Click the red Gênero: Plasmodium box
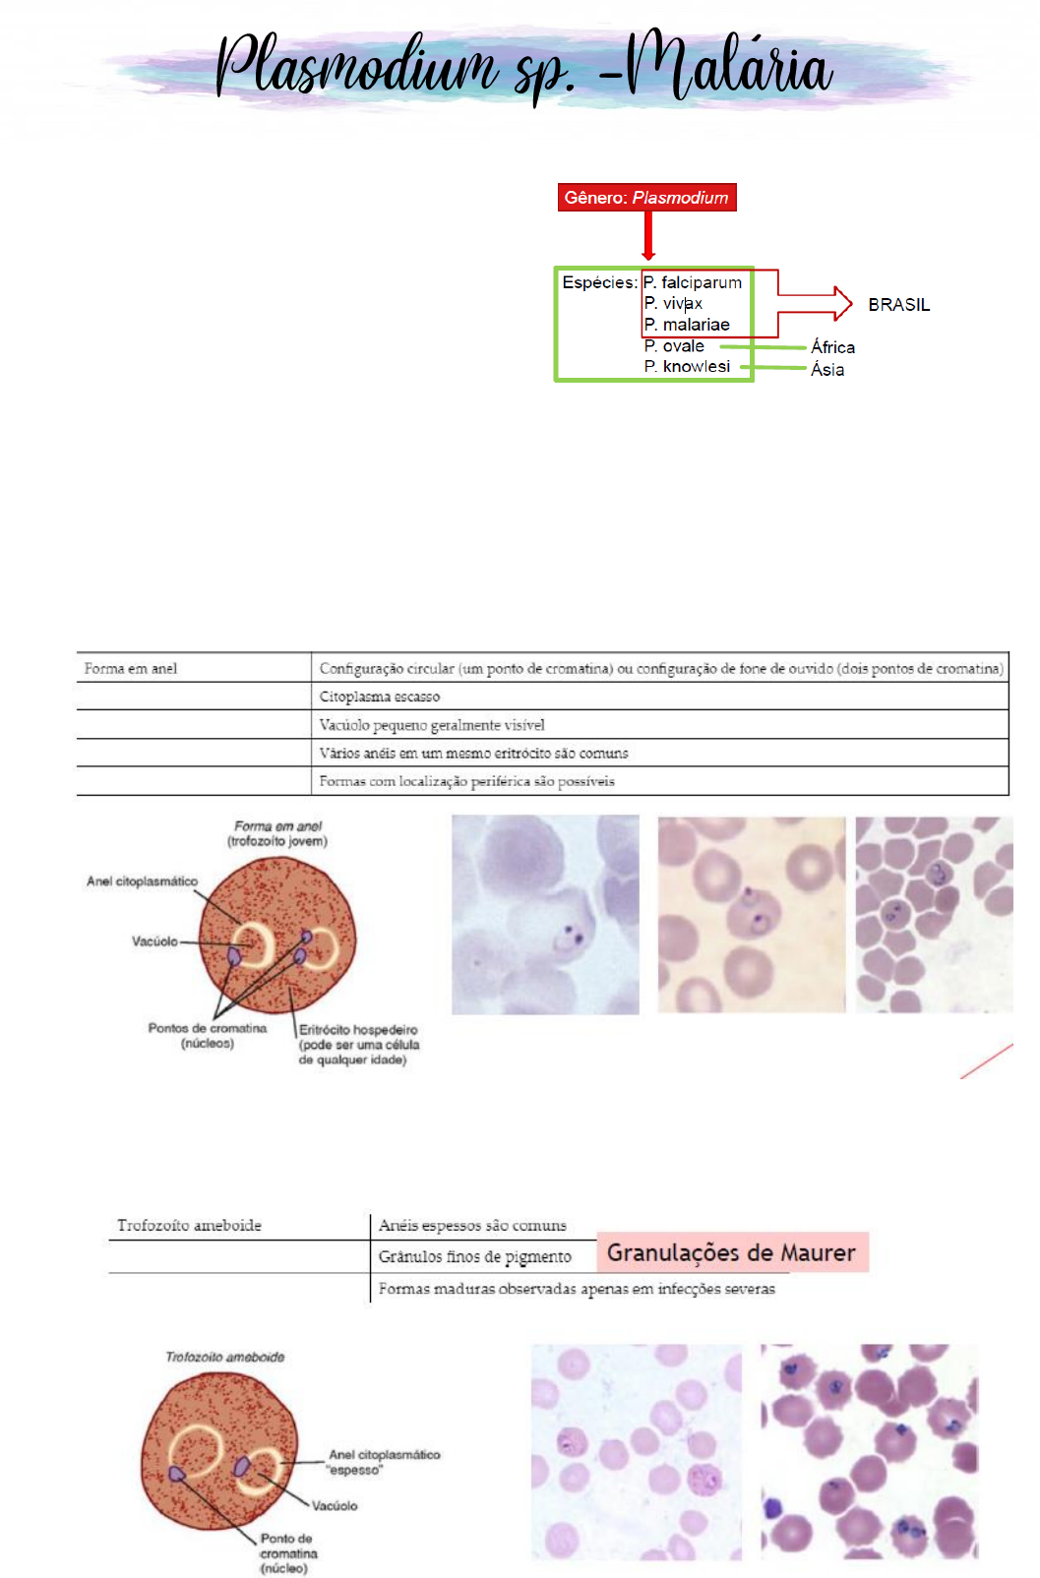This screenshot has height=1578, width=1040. click(646, 198)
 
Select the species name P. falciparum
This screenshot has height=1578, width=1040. click(693, 282)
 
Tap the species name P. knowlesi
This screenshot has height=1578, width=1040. click(687, 366)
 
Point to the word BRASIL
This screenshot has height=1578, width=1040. click(898, 305)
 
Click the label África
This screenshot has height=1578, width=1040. click(832, 347)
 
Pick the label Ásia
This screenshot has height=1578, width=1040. click(827, 370)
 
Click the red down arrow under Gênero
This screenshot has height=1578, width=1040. click(648, 236)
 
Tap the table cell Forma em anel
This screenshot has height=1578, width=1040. click(131, 669)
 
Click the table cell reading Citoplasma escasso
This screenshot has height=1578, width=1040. click(380, 697)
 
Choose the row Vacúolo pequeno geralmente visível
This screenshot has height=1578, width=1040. click(432, 725)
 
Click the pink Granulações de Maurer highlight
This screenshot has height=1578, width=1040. click(731, 1252)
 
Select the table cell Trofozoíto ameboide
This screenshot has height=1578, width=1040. click(189, 1225)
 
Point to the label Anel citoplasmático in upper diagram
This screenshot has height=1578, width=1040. click(142, 881)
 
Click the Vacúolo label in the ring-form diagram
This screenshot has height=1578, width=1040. click(154, 941)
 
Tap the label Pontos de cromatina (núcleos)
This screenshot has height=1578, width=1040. click(207, 1035)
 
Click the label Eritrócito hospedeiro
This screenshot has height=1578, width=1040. click(358, 1030)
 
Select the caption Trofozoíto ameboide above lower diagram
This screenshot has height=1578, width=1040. click(224, 1357)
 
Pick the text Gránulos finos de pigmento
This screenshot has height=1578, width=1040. click(474, 1256)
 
